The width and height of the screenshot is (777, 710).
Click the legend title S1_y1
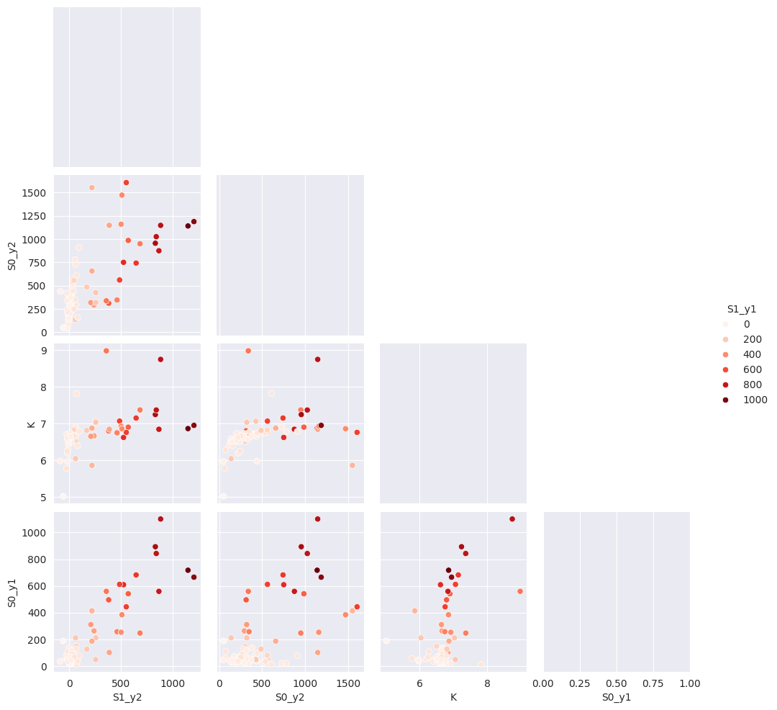coord(741,309)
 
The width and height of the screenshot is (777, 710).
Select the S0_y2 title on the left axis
coord(12,255)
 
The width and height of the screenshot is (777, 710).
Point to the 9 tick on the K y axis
coord(43,351)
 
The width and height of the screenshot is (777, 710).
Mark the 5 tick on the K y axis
coord(43,497)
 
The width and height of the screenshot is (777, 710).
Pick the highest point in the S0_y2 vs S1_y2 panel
coord(126,182)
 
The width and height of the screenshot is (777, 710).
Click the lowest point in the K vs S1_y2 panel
coord(63,495)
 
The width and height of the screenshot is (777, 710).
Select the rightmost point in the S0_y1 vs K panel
coord(520,591)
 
